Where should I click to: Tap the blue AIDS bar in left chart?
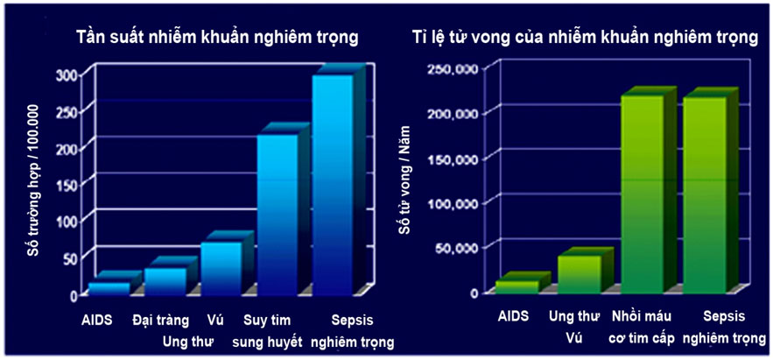coord(109,288)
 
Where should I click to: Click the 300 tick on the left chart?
coord(79,75)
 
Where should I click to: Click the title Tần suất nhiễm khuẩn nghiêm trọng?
coord(216,38)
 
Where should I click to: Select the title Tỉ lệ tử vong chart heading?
coord(584,38)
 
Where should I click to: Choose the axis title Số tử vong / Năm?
coord(405,180)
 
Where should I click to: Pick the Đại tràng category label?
coord(161,321)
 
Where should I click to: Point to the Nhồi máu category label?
coord(642,315)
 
